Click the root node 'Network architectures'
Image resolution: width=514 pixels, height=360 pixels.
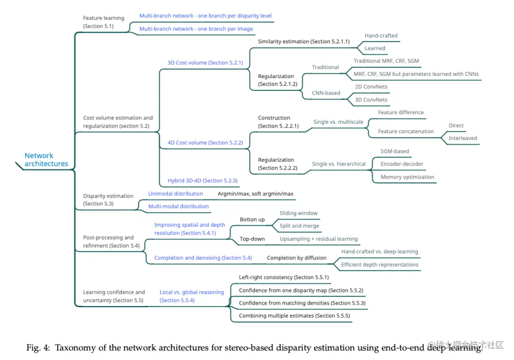pyautogui.click(x=46, y=160)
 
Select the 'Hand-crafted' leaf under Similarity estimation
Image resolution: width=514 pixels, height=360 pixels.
pyautogui.click(x=381, y=36)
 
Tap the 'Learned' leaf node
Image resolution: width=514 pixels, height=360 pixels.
pyautogui.click(x=375, y=48)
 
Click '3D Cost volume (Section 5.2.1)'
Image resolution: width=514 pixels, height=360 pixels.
pyautogui.click(x=205, y=62)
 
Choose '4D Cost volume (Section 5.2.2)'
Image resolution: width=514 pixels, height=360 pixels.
pyautogui.click(x=205, y=142)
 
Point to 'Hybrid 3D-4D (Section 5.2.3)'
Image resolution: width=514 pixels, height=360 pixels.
pyautogui.click(x=202, y=180)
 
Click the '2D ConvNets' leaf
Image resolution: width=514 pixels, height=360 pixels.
pyautogui.click(x=371, y=87)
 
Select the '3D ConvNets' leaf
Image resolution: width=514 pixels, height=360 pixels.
pyautogui.click(x=371, y=100)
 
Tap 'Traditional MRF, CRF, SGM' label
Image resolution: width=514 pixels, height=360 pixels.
pyautogui.click(x=386, y=61)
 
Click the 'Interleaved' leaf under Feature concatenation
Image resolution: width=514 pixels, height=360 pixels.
pyautogui.click(x=463, y=138)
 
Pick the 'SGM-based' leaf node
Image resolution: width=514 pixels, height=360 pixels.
pyautogui.click(x=395, y=151)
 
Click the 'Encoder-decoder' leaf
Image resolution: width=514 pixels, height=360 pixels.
pyautogui.click(x=402, y=164)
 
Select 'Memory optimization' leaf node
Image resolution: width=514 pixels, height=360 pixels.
pyautogui.click(x=407, y=177)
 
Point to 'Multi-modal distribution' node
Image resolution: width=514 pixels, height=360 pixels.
pyautogui.click(x=178, y=206)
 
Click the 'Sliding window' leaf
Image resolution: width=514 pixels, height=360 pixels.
pyautogui.click(x=298, y=213)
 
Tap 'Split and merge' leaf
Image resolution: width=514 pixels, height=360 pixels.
pyautogui.click(x=299, y=226)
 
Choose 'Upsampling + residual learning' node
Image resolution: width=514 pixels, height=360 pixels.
pyautogui.click(x=318, y=239)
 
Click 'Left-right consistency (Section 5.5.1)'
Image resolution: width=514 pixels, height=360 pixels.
pyautogui.click(x=284, y=277)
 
